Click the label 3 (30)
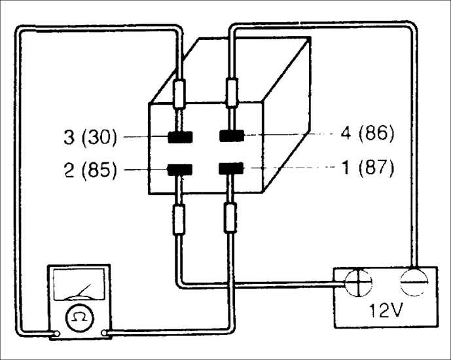(x=90, y=137)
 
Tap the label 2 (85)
(x=90, y=170)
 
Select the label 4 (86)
(x=367, y=134)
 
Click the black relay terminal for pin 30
(x=181, y=137)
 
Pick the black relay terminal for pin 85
(x=180, y=170)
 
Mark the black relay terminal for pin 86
(x=232, y=135)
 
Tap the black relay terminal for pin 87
(x=231, y=168)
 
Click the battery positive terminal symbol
(x=358, y=283)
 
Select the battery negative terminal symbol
(x=414, y=282)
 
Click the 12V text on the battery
(x=386, y=310)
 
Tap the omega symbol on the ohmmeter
(x=80, y=317)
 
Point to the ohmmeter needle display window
(x=79, y=285)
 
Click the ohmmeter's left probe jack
(x=57, y=334)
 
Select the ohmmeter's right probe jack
(x=104, y=333)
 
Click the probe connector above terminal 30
(x=179, y=94)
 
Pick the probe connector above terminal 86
(x=232, y=92)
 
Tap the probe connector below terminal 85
(x=179, y=220)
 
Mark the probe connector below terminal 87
(x=230, y=218)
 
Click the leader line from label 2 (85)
(x=145, y=170)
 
